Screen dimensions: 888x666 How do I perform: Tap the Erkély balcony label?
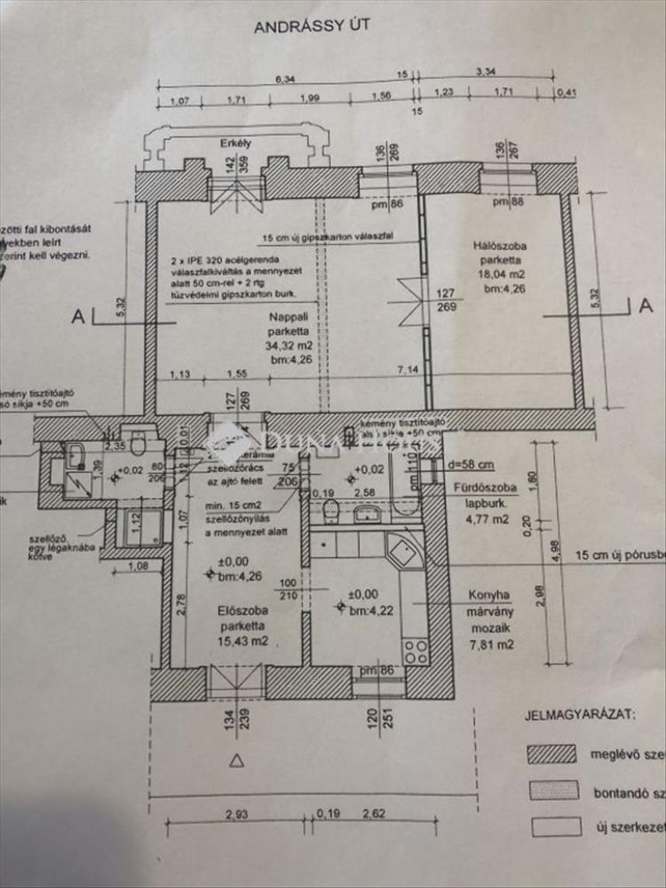tap(232, 143)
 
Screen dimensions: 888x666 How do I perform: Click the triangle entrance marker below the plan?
tap(236, 759)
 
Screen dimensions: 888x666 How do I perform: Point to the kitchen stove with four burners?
tap(416, 651)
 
